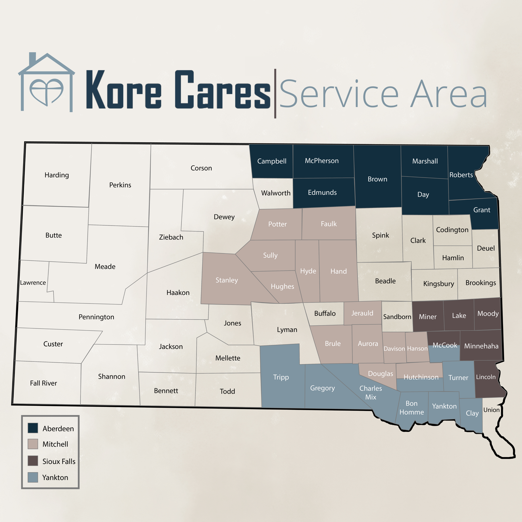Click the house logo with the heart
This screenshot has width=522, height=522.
[x=47, y=82]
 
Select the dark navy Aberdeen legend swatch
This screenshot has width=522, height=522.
[x=33, y=428]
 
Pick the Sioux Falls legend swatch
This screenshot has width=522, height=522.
[x=33, y=461]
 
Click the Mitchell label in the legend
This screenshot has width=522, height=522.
[x=55, y=444]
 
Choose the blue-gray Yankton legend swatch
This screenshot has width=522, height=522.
[x=33, y=477]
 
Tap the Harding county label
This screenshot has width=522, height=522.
[x=57, y=175]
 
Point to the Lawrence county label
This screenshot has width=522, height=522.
[x=33, y=283]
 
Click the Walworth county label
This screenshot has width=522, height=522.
[x=276, y=193]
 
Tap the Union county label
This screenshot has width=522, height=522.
[x=491, y=410]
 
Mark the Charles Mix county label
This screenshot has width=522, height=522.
[x=370, y=393]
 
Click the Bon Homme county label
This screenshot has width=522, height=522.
[x=412, y=408]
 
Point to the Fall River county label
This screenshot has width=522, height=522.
[x=43, y=383]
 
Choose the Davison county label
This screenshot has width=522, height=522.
[x=394, y=349]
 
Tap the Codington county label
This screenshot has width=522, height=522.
[x=452, y=230]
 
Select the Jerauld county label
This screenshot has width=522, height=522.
[x=362, y=313]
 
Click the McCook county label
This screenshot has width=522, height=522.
[x=445, y=345]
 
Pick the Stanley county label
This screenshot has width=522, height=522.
[x=227, y=280]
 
